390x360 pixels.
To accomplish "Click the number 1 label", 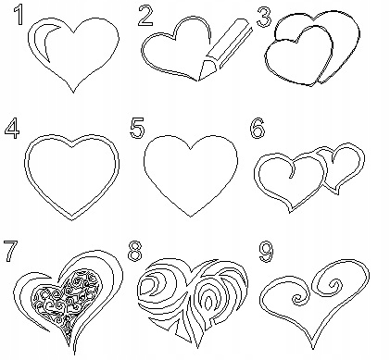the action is [x=19, y=15].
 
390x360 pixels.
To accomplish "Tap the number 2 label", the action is [x=145, y=16].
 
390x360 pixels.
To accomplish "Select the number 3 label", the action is [x=264, y=18].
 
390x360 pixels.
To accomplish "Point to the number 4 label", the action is [x=12, y=129].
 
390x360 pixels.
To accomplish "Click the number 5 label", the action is [x=137, y=128].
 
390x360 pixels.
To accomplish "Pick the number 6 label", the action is [x=257, y=128].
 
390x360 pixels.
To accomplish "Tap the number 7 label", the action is [x=11, y=252].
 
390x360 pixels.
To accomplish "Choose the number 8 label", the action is [x=134, y=252].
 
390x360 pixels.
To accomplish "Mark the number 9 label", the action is [x=266, y=252].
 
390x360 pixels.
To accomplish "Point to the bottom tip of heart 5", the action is [x=191, y=217].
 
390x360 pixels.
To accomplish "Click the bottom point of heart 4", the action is [x=72, y=220].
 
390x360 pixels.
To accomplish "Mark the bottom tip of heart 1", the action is [x=73, y=92].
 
